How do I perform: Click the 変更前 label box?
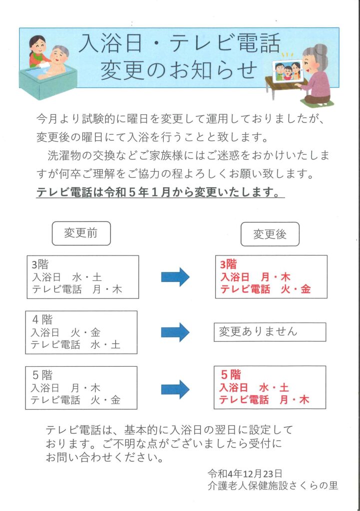point(81,234)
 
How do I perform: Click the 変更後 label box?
point(270,234)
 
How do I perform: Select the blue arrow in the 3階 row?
point(175,277)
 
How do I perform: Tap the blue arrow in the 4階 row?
point(175,332)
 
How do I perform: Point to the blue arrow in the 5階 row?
point(175,387)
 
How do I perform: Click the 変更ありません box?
point(270,332)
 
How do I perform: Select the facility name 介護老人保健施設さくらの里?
point(273,485)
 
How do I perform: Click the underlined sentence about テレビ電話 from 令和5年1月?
point(160,193)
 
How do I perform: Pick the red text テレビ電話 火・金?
point(266,289)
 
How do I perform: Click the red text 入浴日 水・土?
point(255,388)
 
